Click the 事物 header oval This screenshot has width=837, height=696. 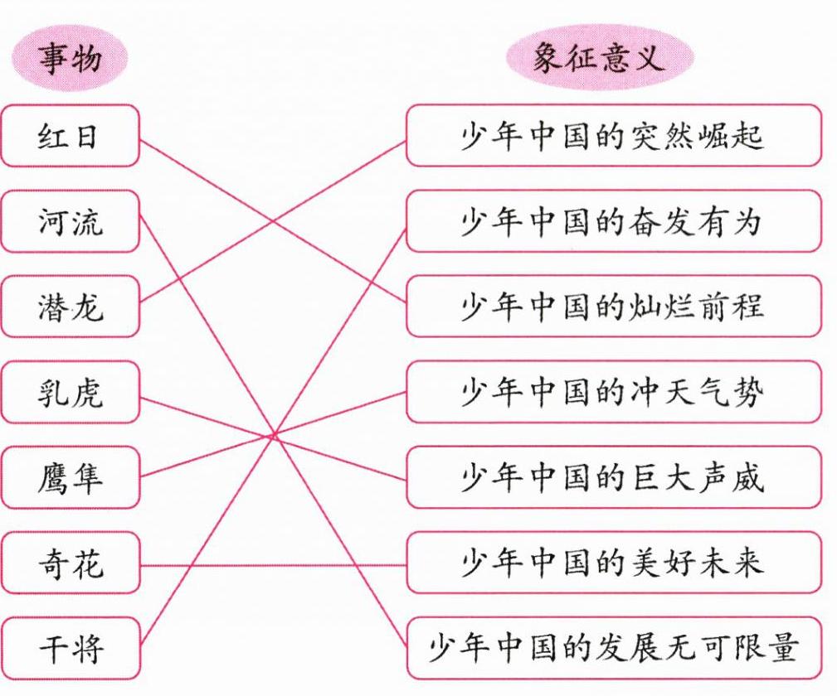click(69, 60)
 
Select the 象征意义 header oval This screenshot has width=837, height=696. click(598, 60)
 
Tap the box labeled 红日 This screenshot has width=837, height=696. click(69, 136)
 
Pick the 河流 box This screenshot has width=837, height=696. click(69, 221)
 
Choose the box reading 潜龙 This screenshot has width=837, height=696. click(69, 307)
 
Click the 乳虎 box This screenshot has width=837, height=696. click(69, 392)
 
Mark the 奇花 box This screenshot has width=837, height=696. click(69, 563)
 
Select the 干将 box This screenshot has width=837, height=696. click(69, 649)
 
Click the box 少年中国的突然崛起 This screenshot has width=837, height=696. click(613, 136)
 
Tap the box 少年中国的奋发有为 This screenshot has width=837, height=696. click(613, 221)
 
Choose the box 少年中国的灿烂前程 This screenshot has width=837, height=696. click(613, 307)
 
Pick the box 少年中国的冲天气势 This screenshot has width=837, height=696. click(613, 392)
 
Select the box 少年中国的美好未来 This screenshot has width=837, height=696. click(613, 563)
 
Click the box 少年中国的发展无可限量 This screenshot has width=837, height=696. click(613, 649)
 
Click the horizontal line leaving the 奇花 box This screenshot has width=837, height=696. click(274, 565)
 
